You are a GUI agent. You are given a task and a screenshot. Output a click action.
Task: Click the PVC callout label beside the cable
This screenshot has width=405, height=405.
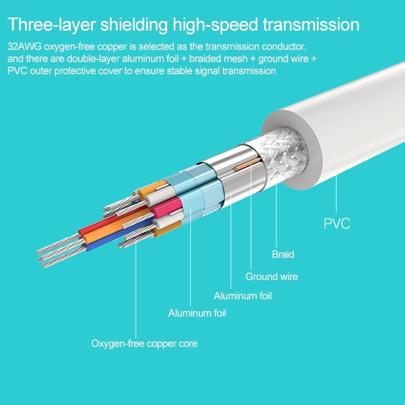[337, 223]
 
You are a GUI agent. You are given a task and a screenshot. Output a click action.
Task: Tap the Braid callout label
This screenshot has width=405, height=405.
[283, 254]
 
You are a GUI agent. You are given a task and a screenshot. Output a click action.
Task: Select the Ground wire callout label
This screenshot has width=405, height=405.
[272, 277]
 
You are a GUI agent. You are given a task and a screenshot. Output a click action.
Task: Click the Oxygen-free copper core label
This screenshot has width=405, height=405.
[144, 343]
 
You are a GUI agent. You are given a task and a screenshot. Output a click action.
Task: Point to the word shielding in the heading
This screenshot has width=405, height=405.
[134, 25]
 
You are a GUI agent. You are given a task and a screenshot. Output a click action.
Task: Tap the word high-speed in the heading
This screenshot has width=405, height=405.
[215, 25]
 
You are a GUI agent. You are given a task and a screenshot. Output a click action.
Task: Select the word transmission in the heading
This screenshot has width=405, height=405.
[311, 25]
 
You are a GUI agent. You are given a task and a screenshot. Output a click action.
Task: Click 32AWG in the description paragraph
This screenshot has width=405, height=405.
[24, 47]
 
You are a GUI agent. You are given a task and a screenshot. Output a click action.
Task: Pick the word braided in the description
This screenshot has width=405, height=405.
[205, 59]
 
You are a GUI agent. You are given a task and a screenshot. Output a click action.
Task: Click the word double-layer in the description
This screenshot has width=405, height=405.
[93, 59]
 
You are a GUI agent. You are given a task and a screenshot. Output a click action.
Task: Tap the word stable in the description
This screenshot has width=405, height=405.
[179, 71]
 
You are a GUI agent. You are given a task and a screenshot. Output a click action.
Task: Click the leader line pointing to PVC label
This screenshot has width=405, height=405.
[336, 194]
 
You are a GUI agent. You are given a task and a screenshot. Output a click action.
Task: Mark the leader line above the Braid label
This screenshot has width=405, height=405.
[276, 215]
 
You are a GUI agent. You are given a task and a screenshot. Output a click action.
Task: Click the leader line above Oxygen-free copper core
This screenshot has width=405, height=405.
[136, 289]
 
